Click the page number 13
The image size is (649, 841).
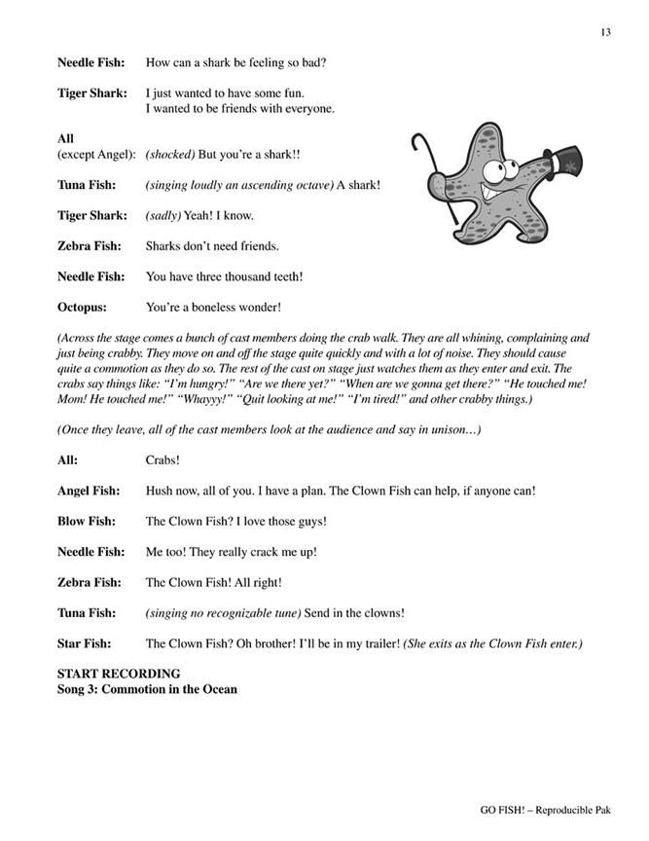[605, 32]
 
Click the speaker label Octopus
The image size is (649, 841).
[85, 308]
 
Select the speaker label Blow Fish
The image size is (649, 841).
[89, 521]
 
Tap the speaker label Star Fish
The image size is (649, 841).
[84, 643]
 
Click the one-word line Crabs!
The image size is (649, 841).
[162, 460]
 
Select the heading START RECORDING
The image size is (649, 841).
[119, 674]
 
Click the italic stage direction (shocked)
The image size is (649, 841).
[170, 155]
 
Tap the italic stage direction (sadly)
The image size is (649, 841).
[163, 215]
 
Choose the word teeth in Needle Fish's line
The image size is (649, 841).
[285, 276]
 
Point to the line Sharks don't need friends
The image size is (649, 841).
[211, 246]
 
